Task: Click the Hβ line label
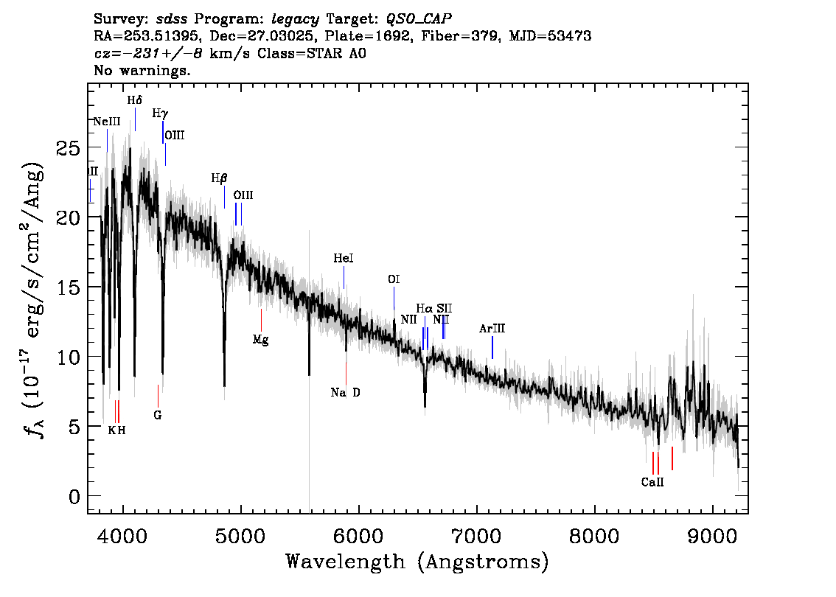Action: (x=219, y=178)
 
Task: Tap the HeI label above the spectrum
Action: (x=344, y=259)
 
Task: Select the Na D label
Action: (x=346, y=393)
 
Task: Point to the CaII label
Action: (x=652, y=483)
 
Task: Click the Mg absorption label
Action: (x=261, y=340)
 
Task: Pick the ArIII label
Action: (x=492, y=329)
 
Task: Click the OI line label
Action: (x=394, y=279)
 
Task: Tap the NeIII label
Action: (x=107, y=122)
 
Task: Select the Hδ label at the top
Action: (x=135, y=100)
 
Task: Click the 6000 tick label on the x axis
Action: (x=359, y=536)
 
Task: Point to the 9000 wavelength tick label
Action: (x=712, y=536)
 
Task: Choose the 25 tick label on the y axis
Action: (x=69, y=147)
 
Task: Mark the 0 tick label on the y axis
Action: (x=74, y=497)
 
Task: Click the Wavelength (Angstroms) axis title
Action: (x=417, y=562)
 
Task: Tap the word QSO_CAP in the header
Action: (x=419, y=19)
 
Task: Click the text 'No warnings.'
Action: (x=142, y=70)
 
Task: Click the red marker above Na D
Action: (x=346, y=373)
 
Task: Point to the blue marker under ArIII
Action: (x=492, y=348)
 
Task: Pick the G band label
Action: (x=157, y=415)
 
